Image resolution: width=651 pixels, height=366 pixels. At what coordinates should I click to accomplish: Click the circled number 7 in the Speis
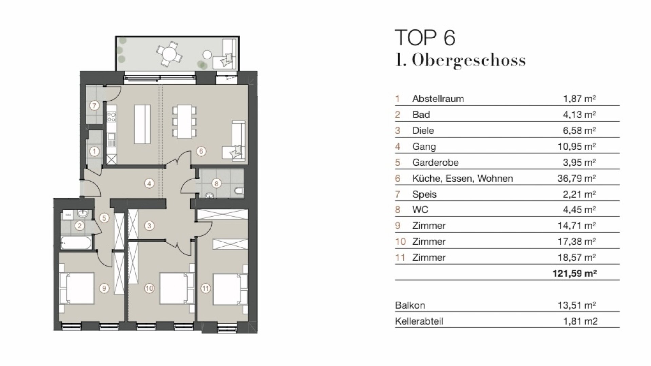click(95, 106)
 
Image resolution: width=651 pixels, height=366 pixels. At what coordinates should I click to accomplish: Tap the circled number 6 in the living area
click(201, 151)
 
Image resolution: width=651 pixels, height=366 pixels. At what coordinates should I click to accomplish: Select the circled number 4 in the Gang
click(149, 184)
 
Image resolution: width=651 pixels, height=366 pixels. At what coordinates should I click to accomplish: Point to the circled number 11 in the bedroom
click(206, 288)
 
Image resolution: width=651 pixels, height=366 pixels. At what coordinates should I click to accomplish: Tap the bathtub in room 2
click(76, 243)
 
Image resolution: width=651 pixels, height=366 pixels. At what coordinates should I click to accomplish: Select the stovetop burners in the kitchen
click(111, 117)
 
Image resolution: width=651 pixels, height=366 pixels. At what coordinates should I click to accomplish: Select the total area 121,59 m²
click(574, 273)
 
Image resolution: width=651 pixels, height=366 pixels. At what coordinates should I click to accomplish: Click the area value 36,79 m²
click(577, 178)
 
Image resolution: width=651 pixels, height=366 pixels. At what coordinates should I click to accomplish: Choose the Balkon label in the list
click(410, 305)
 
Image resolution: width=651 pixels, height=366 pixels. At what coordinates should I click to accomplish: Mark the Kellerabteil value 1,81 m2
click(580, 321)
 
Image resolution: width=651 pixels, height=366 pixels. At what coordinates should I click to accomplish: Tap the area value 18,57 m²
click(577, 258)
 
